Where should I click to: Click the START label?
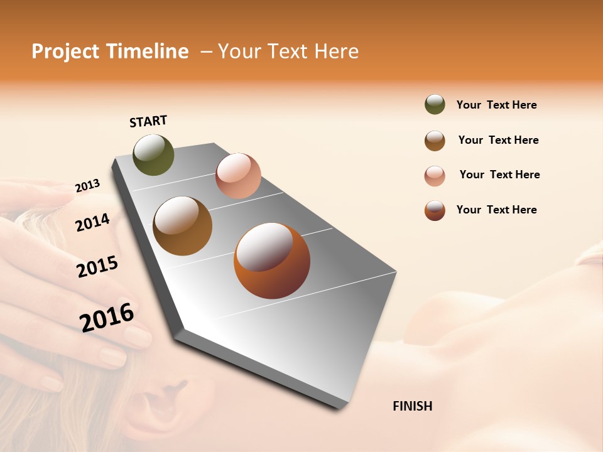[x=149, y=121]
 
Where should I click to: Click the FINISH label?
[x=412, y=406]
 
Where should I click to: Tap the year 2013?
[x=87, y=186]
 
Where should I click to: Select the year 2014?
[x=92, y=222]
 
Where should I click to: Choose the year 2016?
[x=107, y=317]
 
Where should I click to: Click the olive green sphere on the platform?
[x=153, y=154]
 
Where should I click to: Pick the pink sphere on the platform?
[x=238, y=176]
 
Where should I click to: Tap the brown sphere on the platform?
[x=182, y=225]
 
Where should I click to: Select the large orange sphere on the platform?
[x=271, y=261]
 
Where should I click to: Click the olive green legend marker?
[x=435, y=104]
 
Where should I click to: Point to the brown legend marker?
[x=435, y=141]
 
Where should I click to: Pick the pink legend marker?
[x=435, y=176]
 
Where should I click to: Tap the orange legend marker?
[x=435, y=210]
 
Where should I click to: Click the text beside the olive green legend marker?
[x=496, y=105]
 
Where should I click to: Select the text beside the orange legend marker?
[x=496, y=210]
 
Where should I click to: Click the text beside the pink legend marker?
[x=499, y=175]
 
